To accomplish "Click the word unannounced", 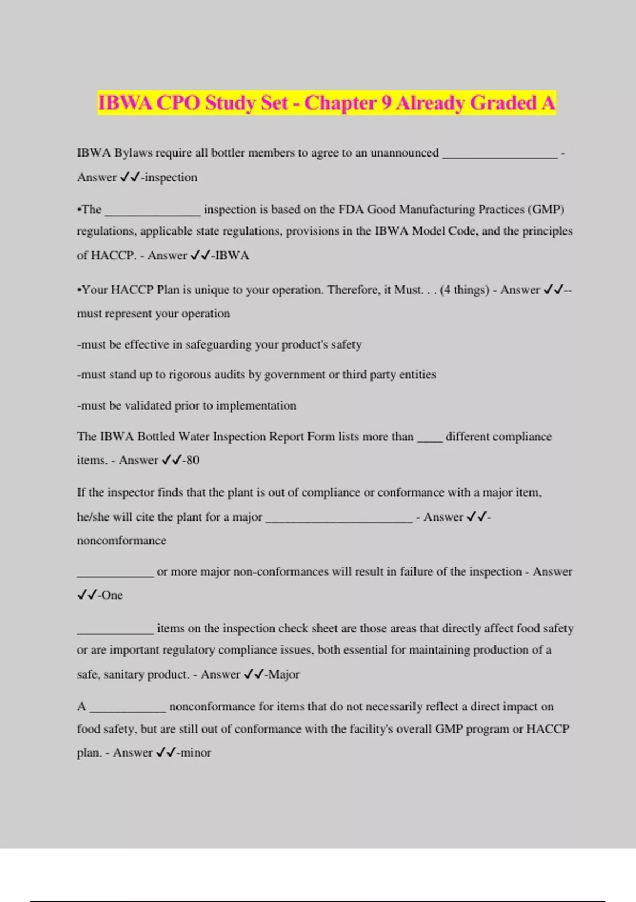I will [404, 153].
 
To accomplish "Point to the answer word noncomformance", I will [121, 541].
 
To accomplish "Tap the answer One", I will [112, 595].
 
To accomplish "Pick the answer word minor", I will [196, 752].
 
